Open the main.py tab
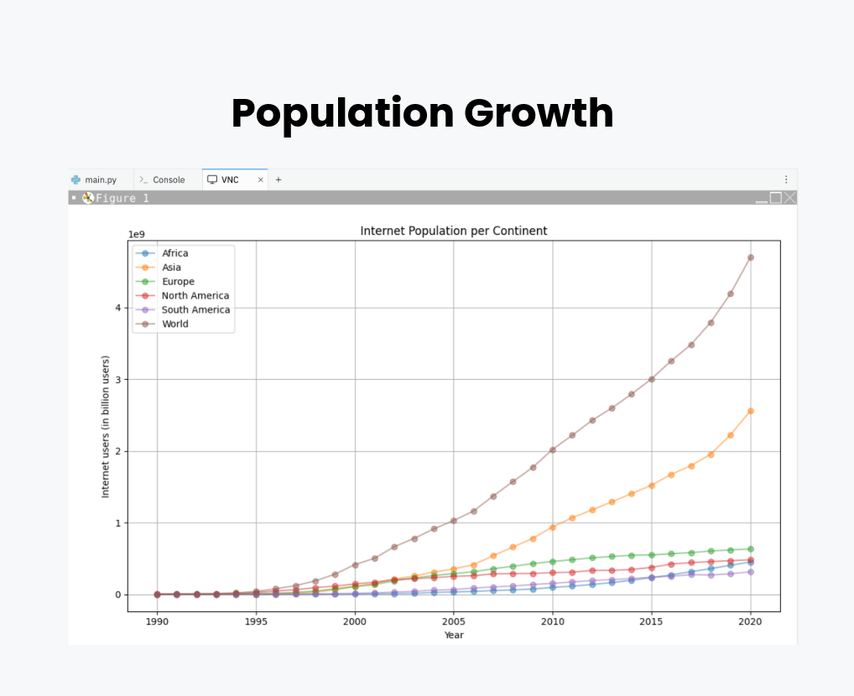pyautogui.click(x=100, y=179)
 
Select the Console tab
pyautogui.click(x=168, y=179)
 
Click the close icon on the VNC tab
pyautogui.click(x=260, y=179)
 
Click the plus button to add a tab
pyautogui.click(x=279, y=179)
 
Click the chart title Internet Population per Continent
pyautogui.click(x=454, y=231)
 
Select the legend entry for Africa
pyautogui.click(x=174, y=253)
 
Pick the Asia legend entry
pyautogui.click(x=171, y=267)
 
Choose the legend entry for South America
pyautogui.click(x=195, y=309)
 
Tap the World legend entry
pyautogui.click(x=174, y=324)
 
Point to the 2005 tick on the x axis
pyautogui.click(x=454, y=621)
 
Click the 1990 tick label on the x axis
pyautogui.click(x=157, y=621)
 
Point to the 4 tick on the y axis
pyautogui.click(x=119, y=308)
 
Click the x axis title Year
pyautogui.click(x=454, y=635)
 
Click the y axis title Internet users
pyautogui.click(x=106, y=428)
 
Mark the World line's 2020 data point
pyautogui.click(x=750, y=257)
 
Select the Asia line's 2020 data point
pyautogui.click(x=750, y=411)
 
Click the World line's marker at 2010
pyautogui.click(x=552, y=449)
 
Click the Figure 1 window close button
pyautogui.click(x=789, y=198)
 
